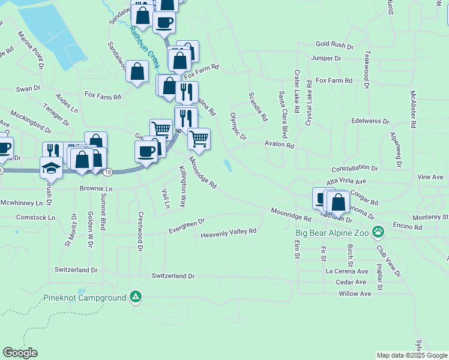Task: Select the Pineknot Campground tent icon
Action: tap(136, 297)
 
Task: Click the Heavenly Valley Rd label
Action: tap(229, 232)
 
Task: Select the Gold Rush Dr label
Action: tap(335, 45)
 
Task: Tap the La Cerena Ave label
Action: tap(346, 271)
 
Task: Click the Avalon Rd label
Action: tap(280, 145)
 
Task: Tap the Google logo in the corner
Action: tap(20, 353)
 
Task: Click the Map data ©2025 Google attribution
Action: tap(412, 355)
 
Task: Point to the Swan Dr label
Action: tap(28, 88)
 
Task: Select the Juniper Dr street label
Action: tap(326, 58)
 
